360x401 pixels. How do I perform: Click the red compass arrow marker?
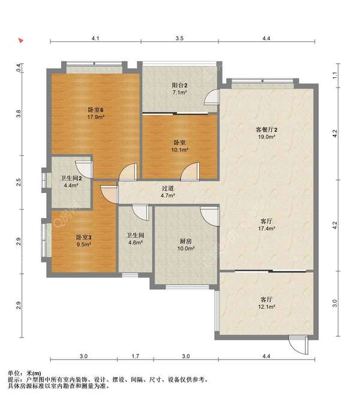[21, 40]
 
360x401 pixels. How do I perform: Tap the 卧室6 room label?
[95, 110]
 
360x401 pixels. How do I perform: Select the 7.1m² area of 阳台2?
[179, 92]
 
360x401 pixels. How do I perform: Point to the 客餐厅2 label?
[266, 129]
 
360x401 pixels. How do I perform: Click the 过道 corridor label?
[168, 188]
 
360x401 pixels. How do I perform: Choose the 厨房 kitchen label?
[185, 241]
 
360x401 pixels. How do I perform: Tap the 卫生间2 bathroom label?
[71, 178]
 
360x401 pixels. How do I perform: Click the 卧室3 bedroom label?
[84, 237]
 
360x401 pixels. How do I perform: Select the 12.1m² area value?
[266, 307]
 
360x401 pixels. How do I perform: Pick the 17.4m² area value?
[266, 228]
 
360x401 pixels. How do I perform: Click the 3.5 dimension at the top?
[179, 38]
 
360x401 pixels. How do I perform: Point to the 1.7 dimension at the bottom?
[136, 356]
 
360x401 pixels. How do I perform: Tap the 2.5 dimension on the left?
[19, 182]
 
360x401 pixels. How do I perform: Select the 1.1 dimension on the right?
[335, 76]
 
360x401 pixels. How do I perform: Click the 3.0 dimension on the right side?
[335, 303]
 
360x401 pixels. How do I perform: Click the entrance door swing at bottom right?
[299, 345]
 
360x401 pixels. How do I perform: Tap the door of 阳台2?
[212, 97]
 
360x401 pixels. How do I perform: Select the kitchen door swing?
[210, 216]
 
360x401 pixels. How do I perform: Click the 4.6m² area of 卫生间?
[136, 242]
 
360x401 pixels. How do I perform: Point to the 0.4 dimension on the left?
[19, 68]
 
